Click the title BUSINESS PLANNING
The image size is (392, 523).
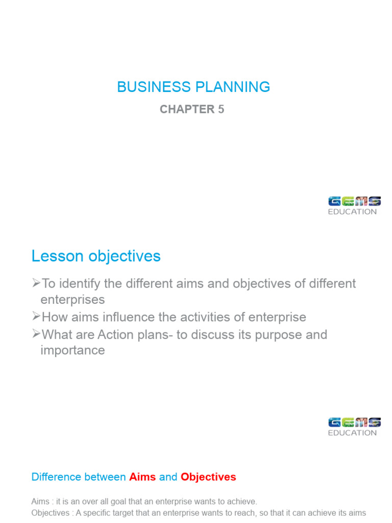193,87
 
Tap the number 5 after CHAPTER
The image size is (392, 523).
221,109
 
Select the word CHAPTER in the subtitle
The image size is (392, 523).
187,109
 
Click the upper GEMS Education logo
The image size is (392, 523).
354,205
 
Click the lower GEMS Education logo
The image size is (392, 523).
354,426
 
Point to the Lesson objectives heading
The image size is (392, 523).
96,256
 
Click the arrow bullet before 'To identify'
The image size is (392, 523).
36,283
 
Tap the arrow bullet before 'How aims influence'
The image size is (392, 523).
36,317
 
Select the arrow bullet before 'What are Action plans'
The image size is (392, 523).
36,335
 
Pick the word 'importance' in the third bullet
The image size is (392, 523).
72,351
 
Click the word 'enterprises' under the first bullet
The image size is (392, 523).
72,299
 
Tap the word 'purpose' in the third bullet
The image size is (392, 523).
258,335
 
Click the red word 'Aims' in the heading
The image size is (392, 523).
142,477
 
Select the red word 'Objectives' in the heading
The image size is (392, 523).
208,477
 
